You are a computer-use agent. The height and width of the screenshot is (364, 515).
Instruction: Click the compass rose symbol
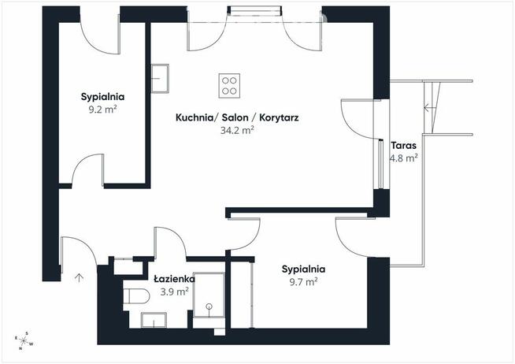pos(24,340)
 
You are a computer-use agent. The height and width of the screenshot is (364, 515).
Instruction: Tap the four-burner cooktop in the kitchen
pos(229,85)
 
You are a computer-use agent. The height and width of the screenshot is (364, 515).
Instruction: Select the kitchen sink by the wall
pos(160,79)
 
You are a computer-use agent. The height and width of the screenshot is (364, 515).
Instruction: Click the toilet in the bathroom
pos(136,296)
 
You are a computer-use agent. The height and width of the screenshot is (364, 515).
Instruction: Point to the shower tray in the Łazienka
pos(209,295)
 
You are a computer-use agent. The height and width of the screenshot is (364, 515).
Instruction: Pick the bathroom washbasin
pos(154,320)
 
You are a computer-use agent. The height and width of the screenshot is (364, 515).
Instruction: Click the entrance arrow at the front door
pos(79,278)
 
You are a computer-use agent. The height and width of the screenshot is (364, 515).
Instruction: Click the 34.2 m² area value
pos(237,131)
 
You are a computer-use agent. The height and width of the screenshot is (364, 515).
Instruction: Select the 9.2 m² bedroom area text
pos(103,110)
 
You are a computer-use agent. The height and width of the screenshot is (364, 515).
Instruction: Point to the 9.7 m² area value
pos(303,282)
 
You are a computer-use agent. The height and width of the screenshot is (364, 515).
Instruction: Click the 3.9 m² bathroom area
pos(174,292)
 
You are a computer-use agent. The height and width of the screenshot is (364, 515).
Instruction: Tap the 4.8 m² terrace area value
pos(404,158)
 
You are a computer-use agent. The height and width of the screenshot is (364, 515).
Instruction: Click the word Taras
pos(404,145)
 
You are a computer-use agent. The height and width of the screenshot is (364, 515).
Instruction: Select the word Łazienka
pos(174,279)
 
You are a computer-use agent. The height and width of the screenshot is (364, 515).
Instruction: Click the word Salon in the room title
pos(235,117)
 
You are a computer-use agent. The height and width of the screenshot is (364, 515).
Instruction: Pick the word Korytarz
pos(279,117)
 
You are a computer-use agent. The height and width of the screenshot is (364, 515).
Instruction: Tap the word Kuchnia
pos(195,117)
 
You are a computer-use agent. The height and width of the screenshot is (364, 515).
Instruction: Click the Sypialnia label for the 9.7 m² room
pos(303,269)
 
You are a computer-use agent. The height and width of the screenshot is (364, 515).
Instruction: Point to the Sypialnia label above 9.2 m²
pos(103,97)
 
